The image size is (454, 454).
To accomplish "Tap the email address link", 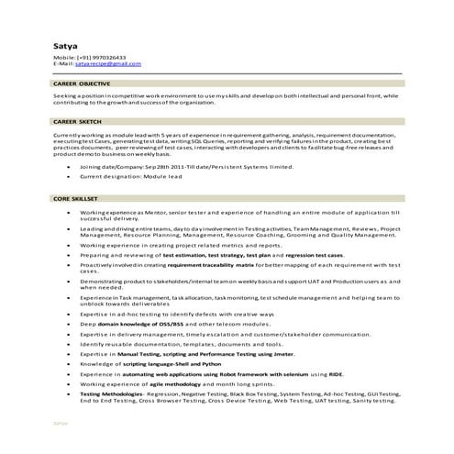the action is tap(108, 63).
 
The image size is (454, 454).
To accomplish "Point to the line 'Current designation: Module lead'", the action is tap(128, 178).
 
